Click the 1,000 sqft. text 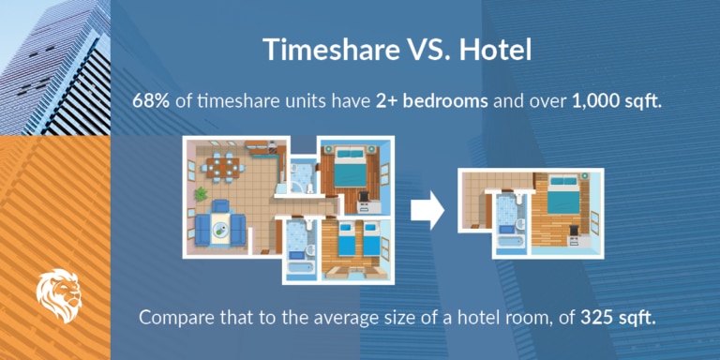(x=616, y=101)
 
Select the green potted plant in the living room (x=201, y=194)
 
